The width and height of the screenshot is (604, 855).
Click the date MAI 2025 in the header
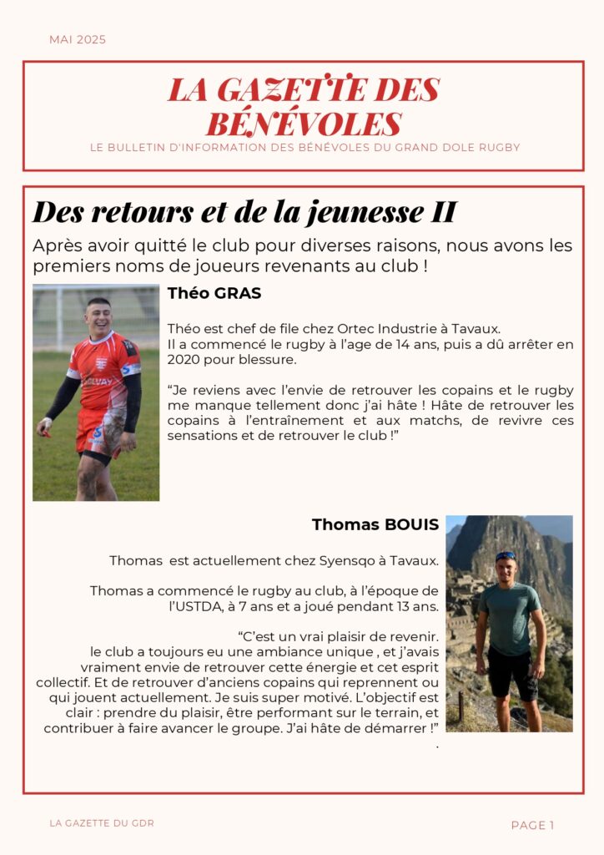click(78, 39)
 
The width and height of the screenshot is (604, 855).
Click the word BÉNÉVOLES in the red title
click(304, 124)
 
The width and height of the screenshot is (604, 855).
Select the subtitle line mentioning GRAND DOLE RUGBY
click(305, 148)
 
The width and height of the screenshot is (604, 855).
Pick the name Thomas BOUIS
click(375, 524)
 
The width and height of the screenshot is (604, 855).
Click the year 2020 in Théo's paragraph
click(184, 362)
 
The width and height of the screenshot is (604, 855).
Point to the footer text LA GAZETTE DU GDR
click(102, 823)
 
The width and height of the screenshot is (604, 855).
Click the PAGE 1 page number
click(532, 826)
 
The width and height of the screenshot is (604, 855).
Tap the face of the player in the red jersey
click(98, 315)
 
